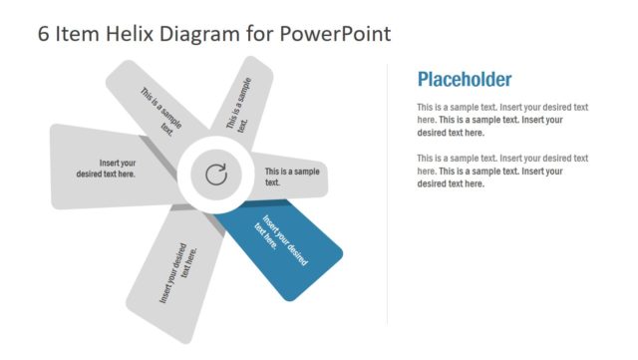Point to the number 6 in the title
[x=43, y=34]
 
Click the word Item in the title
[x=78, y=34]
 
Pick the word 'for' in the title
[x=257, y=34]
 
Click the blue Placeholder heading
[x=464, y=80]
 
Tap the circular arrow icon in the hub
[x=215, y=176]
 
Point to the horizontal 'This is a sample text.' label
[x=292, y=177]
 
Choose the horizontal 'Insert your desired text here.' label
[x=106, y=168]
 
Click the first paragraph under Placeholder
[x=502, y=120]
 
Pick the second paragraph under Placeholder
[x=502, y=171]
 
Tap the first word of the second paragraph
[x=425, y=159]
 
